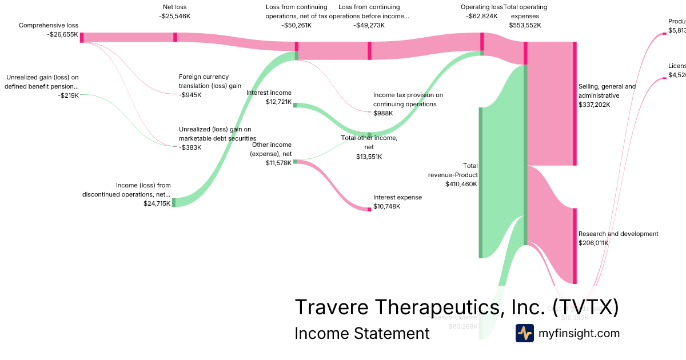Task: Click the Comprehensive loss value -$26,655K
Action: pyautogui.click(x=62, y=34)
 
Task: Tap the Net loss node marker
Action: pyautogui.click(x=175, y=37)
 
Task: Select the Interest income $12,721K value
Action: pyautogui.click(x=278, y=102)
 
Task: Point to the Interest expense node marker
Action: pyautogui.click(x=369, y=209)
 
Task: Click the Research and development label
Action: pyautogui.click(x=618, y=234)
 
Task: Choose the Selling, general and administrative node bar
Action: pyautogui.click(x=575, y=103)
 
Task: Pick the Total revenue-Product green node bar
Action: pyautogui.click(x=481, y=182)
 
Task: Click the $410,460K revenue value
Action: pyautogui.click(x=461, y=185)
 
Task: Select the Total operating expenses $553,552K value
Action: pyautogui.click(x=525, y=25)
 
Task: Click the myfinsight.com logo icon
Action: pyautogui.click(x=525, y=333)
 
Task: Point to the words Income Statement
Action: pyautogui.click(x=362, y=333)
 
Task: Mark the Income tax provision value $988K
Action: pyautogui.click(x=383, y=113)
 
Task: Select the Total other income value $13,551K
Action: pyautogui.click(x=369, y=157)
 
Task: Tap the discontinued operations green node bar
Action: pyautogui.click(x=174, y=202)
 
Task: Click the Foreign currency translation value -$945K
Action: pyautogui.click(x=190, y=95)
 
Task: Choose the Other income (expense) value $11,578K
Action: pyautogui.click(x=278, y=163)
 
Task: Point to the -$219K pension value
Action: pyautogui.click(x=68, y=95)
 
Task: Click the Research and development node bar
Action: pyautogui.click(x=575, y=246)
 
